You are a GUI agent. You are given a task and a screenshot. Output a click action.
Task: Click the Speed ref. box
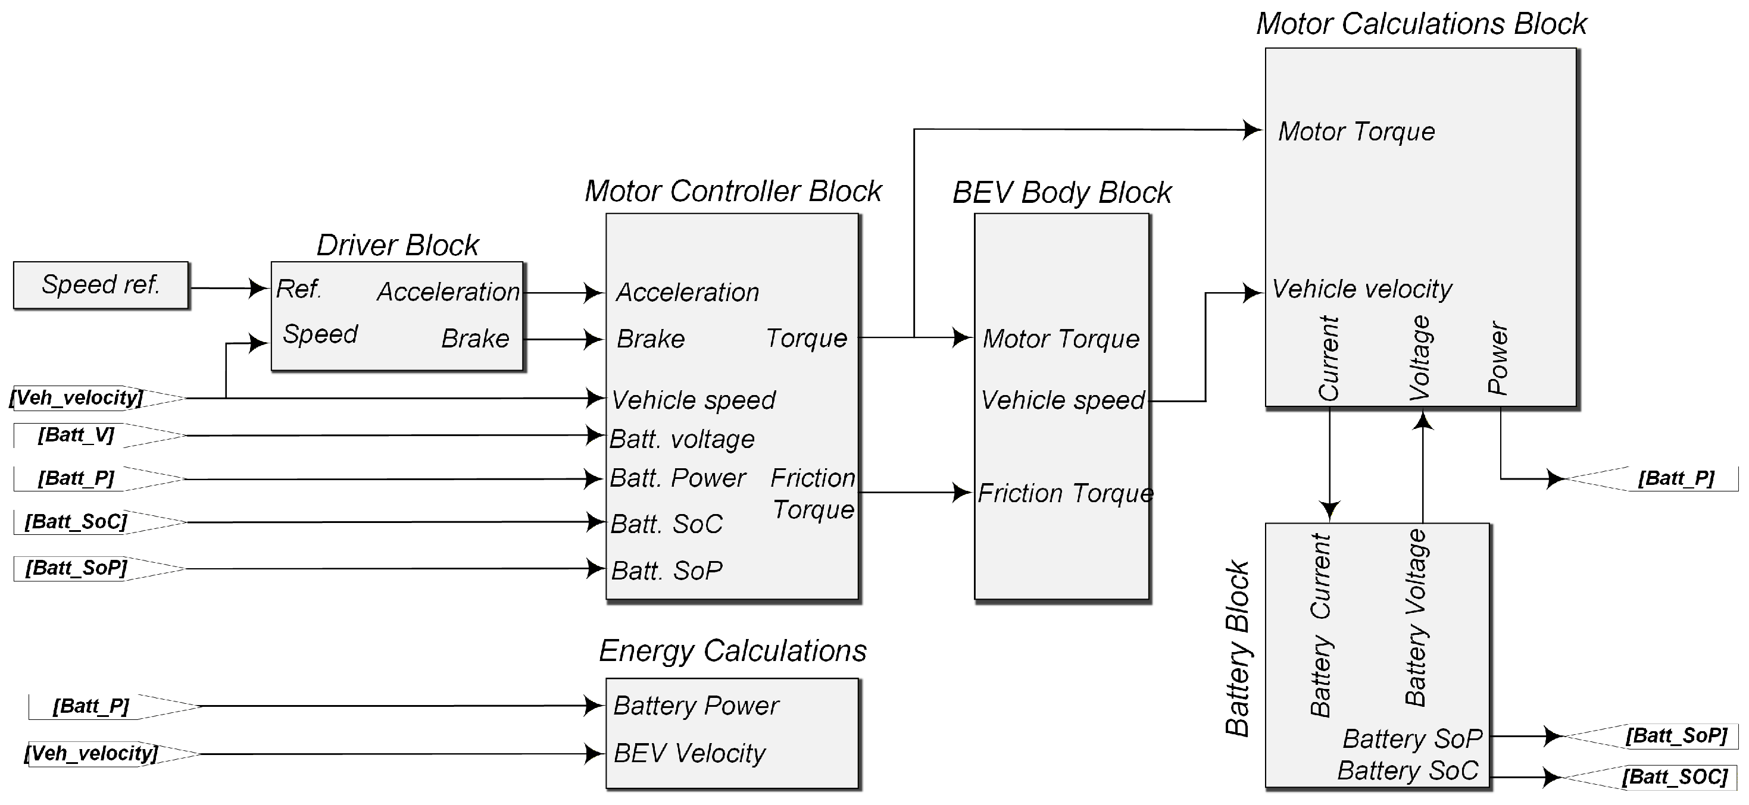[x=101, y=285]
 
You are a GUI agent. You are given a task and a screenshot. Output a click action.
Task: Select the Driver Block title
[x=398, y=245]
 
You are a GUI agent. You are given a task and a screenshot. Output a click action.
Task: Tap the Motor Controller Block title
[x=733, y=192]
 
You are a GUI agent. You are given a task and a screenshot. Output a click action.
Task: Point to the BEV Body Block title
[x=1062, y=193]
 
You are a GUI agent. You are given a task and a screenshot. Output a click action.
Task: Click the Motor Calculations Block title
[x=1421, y=24]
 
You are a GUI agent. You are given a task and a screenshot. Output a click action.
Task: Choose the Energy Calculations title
[x=733, y=651]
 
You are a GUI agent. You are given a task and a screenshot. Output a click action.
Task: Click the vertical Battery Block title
[x=1237, y=648]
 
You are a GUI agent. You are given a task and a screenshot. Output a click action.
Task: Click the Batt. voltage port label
[x=682, y=439]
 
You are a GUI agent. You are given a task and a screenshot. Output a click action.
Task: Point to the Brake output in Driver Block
[x=475, y=338]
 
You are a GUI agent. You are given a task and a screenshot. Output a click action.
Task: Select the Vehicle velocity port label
[x=1361, y=289]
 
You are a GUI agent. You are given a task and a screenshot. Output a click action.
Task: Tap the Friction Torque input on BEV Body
[x=1065, y=493]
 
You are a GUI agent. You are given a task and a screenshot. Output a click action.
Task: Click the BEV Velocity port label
[x=689, y=753]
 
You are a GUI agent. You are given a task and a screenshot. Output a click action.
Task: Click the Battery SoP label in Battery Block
[x=1412, y=738]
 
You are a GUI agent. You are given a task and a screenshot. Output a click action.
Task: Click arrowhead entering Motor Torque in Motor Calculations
[x=1253, y=129]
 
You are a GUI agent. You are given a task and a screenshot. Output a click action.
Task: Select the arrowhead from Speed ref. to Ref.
[x=259, y=289]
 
